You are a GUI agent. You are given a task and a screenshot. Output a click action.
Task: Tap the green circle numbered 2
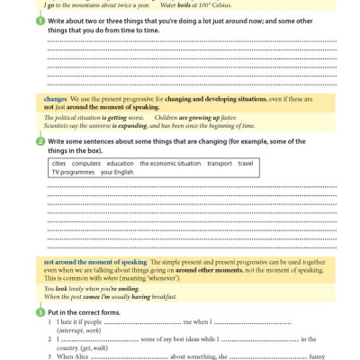[x=40, y=141]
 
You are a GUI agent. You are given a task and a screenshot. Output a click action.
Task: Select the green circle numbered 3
[x=40, y=311]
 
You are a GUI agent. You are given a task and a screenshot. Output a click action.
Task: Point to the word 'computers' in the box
[x=87, y=164]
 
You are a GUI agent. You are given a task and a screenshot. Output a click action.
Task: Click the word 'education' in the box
[x=120, y=164]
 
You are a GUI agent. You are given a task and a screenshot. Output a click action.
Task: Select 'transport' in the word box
[x=220, y=164]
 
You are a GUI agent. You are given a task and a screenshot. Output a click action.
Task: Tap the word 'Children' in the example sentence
[x=167, y=118]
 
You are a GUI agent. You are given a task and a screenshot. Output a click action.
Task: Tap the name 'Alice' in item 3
[x=81, y=356]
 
